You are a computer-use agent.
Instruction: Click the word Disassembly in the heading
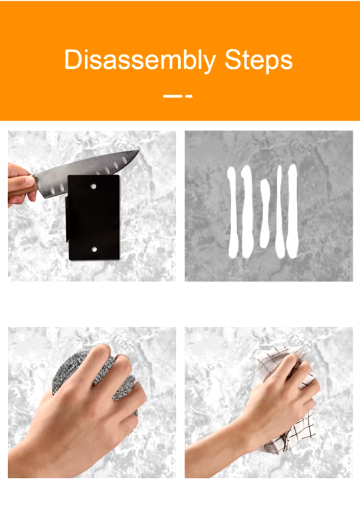139,60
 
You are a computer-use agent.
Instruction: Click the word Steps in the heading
258,60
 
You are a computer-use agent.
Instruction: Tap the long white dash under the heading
173,96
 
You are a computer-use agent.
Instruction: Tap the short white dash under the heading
189,96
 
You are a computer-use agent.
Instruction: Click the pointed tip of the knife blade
139,151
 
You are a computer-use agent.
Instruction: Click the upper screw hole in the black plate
93,186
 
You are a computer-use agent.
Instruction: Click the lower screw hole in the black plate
94,250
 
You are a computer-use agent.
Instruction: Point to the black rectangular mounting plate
93,218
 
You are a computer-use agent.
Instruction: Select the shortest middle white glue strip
265,214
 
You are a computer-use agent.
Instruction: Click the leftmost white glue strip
232,212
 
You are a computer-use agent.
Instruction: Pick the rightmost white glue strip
292,210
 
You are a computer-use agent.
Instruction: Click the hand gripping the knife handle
20,185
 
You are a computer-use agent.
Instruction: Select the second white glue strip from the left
247,212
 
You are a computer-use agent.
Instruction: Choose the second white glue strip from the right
280,212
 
